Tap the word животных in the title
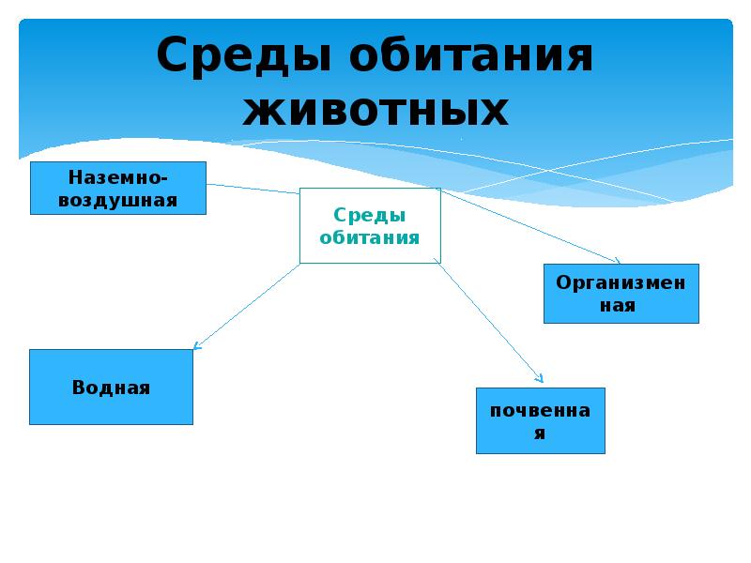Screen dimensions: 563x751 pyautogui.click(x=375, y=111)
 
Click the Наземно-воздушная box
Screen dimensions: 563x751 pyautogui.click(x=118, y=188)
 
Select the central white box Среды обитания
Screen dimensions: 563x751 pyautogui.click(x=370, y=226)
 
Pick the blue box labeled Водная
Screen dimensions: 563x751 pyautogui.click(x=111, y=388)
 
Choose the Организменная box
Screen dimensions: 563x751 pyautogui.click(x=621, y=294)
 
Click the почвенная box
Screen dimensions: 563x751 pyautogui.click(x=540, y=420)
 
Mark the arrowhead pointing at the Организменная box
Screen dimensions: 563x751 pyautogui.click(x=617, y=261)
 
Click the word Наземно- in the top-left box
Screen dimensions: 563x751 pyautogui.click(x=118, y=177)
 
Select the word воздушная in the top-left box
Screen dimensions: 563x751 pyautogui.click(x=118, y=200)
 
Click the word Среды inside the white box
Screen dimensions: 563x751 pyautogui.click(x=370, y=216)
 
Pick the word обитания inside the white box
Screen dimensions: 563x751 pyautogui.click(x=370, y=237)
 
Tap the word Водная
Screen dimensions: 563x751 pyautogui.click(x=111, y=388)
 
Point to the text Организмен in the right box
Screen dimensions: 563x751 pyautogui.click(x=621, y=282)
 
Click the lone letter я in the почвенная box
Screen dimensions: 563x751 pyautogui.click(x=540, y=434)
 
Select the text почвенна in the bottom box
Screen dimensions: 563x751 pyautogui.click(x=540, y=410)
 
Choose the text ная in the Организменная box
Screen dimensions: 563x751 pyautogui.click(x=621, y=306)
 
